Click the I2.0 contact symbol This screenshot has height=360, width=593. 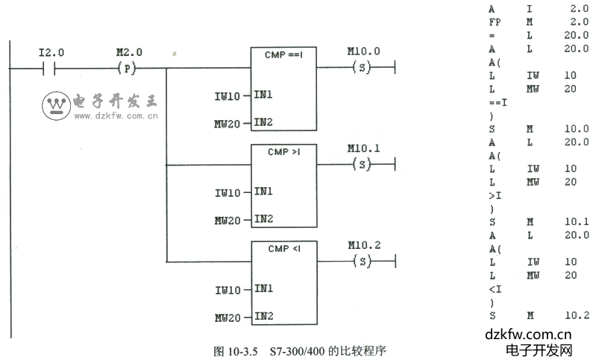(51, 68)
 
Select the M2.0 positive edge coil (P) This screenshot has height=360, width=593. (128, 68)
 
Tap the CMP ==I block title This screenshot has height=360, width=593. (283, 54)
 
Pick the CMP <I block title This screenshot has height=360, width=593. (283, 248)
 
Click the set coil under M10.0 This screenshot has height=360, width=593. (362, 68)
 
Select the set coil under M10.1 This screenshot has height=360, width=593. (362, 165)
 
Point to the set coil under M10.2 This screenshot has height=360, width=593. (362, 262)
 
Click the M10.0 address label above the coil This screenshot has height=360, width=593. (363, 51)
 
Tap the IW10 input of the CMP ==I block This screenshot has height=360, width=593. (228, 96)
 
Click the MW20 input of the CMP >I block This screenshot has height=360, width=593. (228, 221)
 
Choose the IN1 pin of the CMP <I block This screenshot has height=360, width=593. (263, 289)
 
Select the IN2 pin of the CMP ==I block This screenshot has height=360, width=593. (263, 122)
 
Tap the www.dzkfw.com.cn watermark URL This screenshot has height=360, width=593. (113, 117)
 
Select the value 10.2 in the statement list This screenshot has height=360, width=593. (577, 315)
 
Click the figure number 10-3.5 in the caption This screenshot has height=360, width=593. (242, 350)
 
